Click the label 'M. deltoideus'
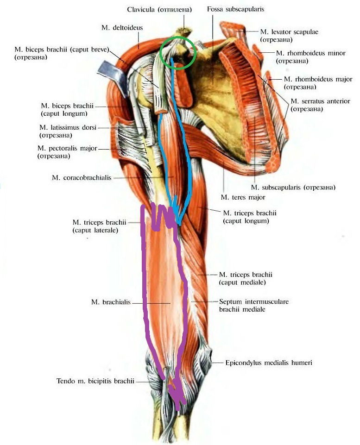pyautogui.click(x=122, y=28)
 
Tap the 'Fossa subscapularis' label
pyautogui.click(x=235, y=9)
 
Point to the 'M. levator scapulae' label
pyautogui.click(x=289, y=32)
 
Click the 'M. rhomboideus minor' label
pyautogui.click(x=310, y=53)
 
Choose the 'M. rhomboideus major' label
pyautogui.click(x=318, y=79)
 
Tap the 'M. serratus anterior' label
pyautogui.click(x=320, y=101)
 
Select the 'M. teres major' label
pyautogui.click(x=243, y=197)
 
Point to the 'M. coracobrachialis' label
pyautogui.click(x=82, y=178)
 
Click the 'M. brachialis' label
pyautogui.click(x=111, y=302)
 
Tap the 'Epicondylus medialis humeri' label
pyautogui.click(x=269, y=363)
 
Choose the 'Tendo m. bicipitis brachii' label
pyautogui.click(x=95, y=381)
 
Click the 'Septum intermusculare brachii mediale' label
pyautogui.click(x=254, y=305)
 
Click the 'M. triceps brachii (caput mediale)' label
pyautogui.click(x=246, y=278)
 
